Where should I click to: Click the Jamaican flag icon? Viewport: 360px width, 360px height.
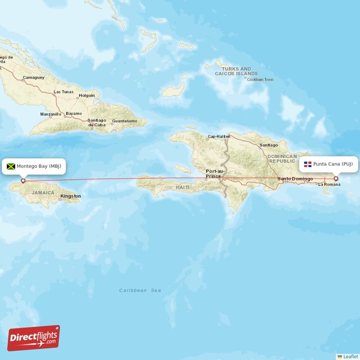click(11, 166)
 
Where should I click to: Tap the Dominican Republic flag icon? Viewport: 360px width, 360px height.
click(308, 164)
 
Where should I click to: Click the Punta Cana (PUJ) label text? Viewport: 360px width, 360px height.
click(333, 164)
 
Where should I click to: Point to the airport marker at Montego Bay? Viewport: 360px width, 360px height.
click(23, 181)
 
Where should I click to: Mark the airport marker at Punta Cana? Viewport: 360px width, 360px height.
click(336, 179)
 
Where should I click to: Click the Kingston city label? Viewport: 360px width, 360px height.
click(71, 196)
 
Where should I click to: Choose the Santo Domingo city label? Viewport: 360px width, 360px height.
click(295, 179)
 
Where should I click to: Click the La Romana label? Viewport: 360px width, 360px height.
click(329, 184)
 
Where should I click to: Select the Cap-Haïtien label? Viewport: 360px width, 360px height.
click(219, 136)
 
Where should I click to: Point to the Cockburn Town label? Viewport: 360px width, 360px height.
click(260, 80)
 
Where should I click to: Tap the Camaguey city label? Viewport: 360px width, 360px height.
click(34, 77)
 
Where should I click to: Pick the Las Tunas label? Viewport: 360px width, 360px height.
click(63, 92)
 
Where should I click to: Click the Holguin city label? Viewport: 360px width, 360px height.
click(86, 95)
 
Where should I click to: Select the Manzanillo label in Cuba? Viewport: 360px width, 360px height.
click(51, 114)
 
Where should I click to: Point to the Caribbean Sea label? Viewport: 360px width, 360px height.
click(140, 291)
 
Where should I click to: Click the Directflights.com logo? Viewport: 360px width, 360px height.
click(34, 338)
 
